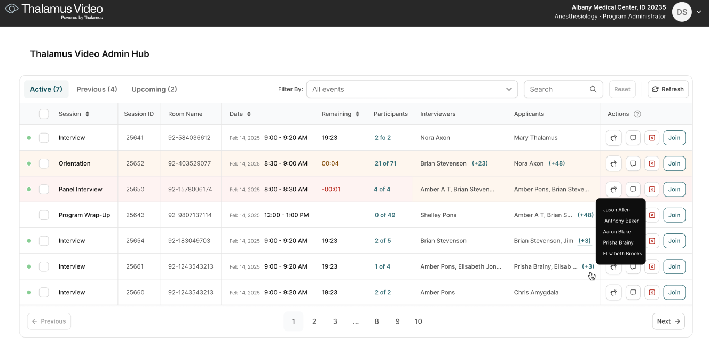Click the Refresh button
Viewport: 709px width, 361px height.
[x=668, y=89]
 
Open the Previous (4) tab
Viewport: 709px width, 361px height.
[x=97, y=89]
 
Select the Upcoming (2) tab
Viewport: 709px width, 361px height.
[x=154, y=89]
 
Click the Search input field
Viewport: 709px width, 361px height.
[x=558, y=89]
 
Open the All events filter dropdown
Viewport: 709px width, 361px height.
[x=412, y=89]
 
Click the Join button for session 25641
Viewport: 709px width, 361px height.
[x=674, y=138]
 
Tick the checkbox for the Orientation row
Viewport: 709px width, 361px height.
[x=44, y=163]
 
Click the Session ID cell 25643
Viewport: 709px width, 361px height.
[x=135, y=215]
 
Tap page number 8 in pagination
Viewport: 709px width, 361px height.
[x=377, y=321]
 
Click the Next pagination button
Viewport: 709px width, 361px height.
[x=668, y=321]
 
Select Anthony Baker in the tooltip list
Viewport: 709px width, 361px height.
[x=621, y=221]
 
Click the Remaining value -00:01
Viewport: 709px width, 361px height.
[x=331, y=189]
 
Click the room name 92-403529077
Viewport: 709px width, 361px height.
[x=189, y=163]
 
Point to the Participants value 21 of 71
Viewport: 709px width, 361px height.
[x=385, y=163]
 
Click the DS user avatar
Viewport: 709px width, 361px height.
[x=682, y=12]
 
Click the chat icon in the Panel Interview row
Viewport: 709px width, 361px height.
[x=633, y=189]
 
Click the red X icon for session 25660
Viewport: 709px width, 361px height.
[x=651, y=292]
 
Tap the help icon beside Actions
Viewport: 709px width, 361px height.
[x=637, y=114]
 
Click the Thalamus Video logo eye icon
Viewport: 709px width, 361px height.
[x=12, y=9]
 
